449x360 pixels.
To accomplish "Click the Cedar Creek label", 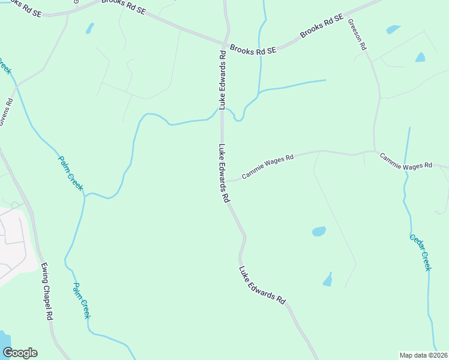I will (420, 253).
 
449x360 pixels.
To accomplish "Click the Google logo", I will (20, 353).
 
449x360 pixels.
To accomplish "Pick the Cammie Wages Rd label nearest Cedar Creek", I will (405, 161).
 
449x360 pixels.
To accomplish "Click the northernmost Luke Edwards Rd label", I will (223, 80).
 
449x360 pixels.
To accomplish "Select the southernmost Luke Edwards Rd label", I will (262, 286).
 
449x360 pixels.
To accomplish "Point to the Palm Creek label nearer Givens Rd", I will (70, 173).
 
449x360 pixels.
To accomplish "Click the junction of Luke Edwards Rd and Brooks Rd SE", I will (225, 43).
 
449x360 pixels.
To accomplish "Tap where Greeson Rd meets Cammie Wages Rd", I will (375, 151).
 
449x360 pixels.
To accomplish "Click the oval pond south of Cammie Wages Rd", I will (319, 231).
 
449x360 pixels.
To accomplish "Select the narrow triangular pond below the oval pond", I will (328, 280).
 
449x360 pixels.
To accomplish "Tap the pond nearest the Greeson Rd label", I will (393, 29).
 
